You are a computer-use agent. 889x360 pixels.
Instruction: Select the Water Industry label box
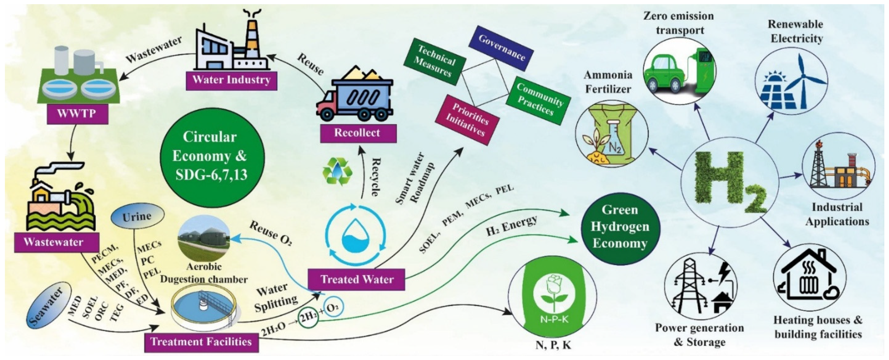[231, 80]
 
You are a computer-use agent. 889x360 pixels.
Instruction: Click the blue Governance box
[501, 48]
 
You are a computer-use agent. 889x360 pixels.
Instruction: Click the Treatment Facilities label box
[201, 342]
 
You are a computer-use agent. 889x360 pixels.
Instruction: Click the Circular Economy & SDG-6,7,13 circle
[212, 156]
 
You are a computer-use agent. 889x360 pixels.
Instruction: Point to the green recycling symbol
[337, 171]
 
